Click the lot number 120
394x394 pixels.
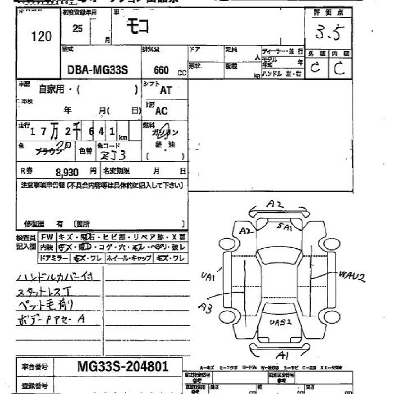(x=41, y=37)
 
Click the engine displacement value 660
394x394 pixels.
(x=161, y=71)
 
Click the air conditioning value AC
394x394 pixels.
(x=162, y=111)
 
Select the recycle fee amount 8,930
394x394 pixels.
(x=67, y=172)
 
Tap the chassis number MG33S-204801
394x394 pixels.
(x=122, y=366)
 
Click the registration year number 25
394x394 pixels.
(x=77, y=29)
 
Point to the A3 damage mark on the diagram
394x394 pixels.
(x=205, y=307)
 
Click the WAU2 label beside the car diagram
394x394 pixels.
(x=352, y=276)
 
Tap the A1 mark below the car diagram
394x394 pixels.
(x=283, y=355)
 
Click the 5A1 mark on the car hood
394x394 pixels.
(x=284, y=227)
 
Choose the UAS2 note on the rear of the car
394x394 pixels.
(x=280, y=322)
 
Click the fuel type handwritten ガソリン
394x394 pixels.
(x=165, y=133)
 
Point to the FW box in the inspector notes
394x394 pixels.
(x=48, y=237)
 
